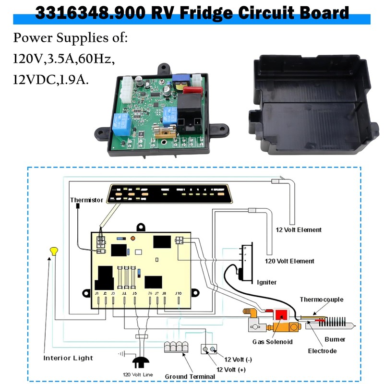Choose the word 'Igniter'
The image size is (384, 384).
pyautogui.click(x=267, y=282)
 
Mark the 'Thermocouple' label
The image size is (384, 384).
pyautogui.click(x=322, y=300)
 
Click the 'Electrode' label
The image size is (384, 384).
pyautogui.click(x=322, y=351)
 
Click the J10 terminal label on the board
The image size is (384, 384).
pyautogui.click(x=178, y=293)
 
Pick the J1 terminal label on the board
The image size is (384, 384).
pyautogui.click(x=97, y=293)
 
